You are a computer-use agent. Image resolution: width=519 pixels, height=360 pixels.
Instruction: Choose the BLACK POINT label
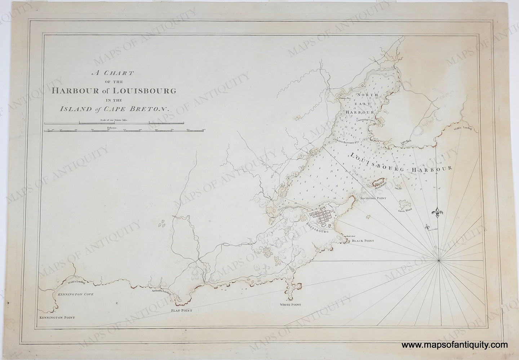(363, 241)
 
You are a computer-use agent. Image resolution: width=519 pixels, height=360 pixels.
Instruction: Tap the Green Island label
(405, 211)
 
